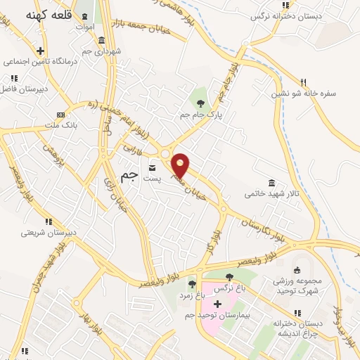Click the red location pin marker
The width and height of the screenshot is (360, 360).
click(181, 165)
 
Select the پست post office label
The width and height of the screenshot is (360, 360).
click(153, 179)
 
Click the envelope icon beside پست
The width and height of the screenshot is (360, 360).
click(153, 167)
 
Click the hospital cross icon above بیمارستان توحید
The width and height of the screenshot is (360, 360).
click(217, 304)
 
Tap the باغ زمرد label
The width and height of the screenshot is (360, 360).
click(190, 297)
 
